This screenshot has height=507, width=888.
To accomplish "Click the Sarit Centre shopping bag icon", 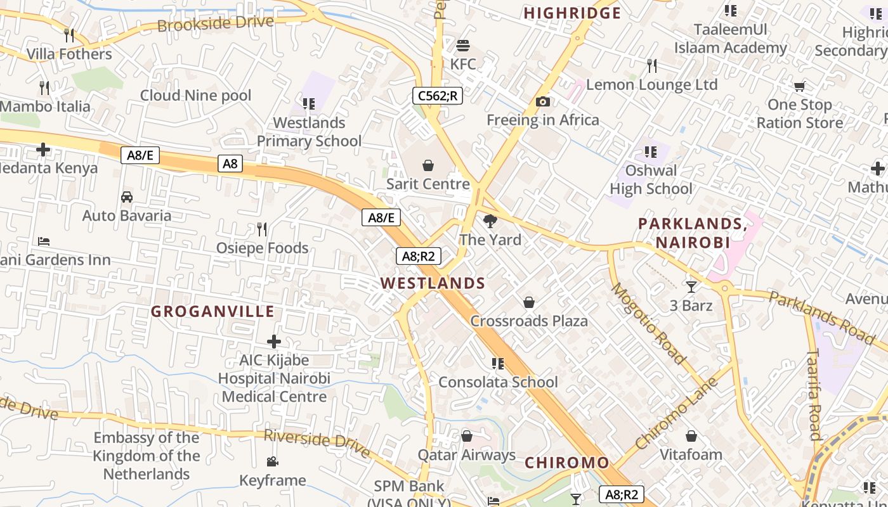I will click(x=428, y=166).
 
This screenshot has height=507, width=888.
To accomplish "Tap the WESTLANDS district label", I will click(x=433, y=283).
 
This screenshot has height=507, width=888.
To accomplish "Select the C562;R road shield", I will click(x=438, y=96).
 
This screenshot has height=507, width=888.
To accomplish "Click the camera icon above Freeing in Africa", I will click(x=542, y=101).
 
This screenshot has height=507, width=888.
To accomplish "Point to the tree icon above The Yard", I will click(x=490, y=221).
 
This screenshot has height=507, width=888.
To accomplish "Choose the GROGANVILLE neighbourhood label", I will click(x=213, y=311).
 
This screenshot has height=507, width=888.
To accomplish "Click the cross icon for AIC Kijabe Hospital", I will click(x=274, y=342).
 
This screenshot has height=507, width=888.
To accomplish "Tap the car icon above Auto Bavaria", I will click(x=127, y=196).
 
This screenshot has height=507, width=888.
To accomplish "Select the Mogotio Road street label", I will click(x=648, y=324).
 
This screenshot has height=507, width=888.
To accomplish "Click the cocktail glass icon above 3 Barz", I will click(x=691, y=286).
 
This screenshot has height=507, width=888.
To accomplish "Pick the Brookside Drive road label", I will click(x=216, y=24).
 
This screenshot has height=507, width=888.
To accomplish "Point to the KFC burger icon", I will click(x=463, y=46).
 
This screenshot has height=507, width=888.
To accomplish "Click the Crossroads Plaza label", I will click(x=529, y=321).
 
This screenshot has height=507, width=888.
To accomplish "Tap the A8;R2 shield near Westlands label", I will click(x=418, y=256).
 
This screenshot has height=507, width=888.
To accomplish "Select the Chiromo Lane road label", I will click(x=677, y=413).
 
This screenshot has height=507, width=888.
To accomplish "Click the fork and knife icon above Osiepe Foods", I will click(x=262, y=229).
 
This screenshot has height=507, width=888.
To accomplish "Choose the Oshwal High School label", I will click(x=651, y=179).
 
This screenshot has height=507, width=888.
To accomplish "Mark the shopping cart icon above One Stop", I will click(x=799, y=86).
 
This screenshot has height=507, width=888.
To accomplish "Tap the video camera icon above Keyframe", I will click(x=273, y=461).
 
